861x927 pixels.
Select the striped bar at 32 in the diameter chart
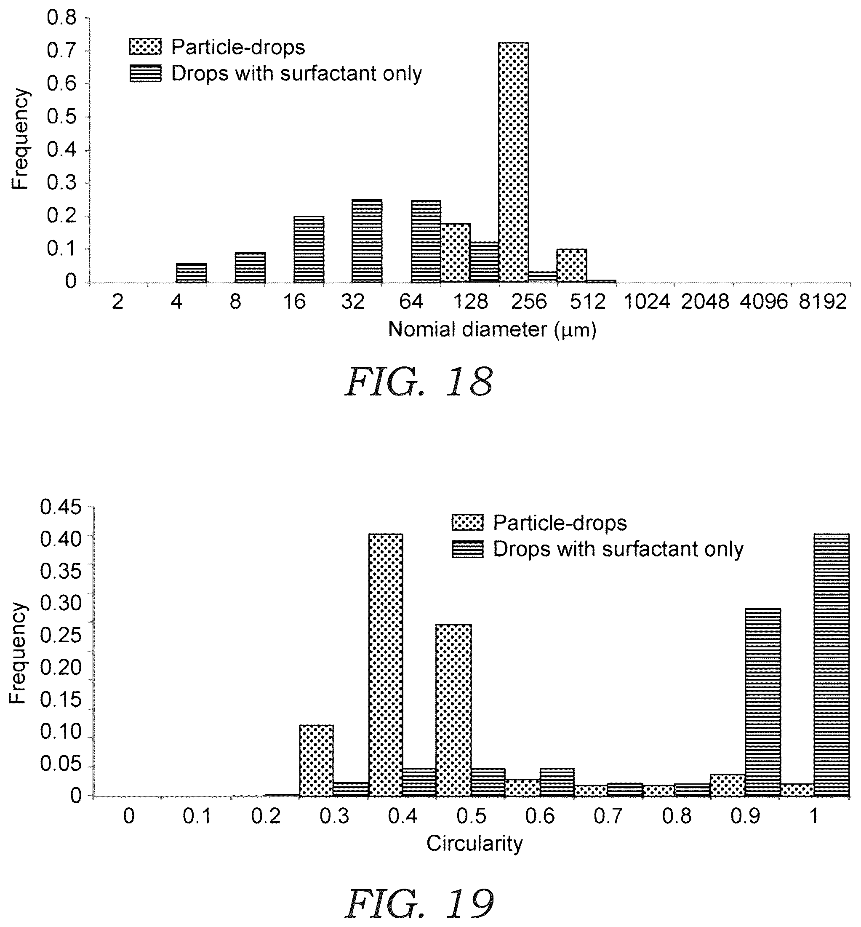(367, 241)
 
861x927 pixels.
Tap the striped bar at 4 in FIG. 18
(191, 273)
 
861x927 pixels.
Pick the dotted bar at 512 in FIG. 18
(572, 266)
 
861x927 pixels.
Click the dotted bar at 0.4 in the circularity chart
(386, 665)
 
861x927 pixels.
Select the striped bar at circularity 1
(832, 665)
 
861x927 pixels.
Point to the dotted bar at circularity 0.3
(316, 761)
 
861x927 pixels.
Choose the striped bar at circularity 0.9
(763, 703)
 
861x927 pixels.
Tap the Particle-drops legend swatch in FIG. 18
(145, 47)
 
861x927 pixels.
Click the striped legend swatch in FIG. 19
(468, 549)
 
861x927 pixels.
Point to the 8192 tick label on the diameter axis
(822, 302)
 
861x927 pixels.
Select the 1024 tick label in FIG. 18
(647, 302)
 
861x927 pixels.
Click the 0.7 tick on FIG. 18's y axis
(62, 51)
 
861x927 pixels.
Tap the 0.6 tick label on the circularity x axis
(541, 816)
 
